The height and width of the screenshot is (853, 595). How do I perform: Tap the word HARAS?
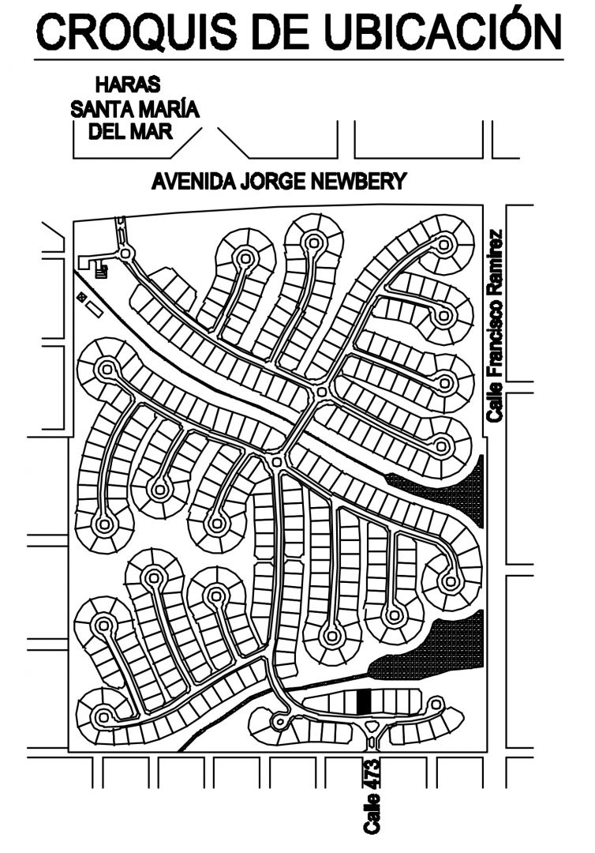point(128,85)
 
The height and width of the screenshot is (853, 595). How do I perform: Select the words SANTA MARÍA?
point(135,108)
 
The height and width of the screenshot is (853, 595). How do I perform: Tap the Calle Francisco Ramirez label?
point(495,324)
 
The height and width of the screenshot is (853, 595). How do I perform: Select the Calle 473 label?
point(372,795)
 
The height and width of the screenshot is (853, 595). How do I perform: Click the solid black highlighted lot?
point(363,701)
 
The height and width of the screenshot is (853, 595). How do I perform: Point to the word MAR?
point(155,130)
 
